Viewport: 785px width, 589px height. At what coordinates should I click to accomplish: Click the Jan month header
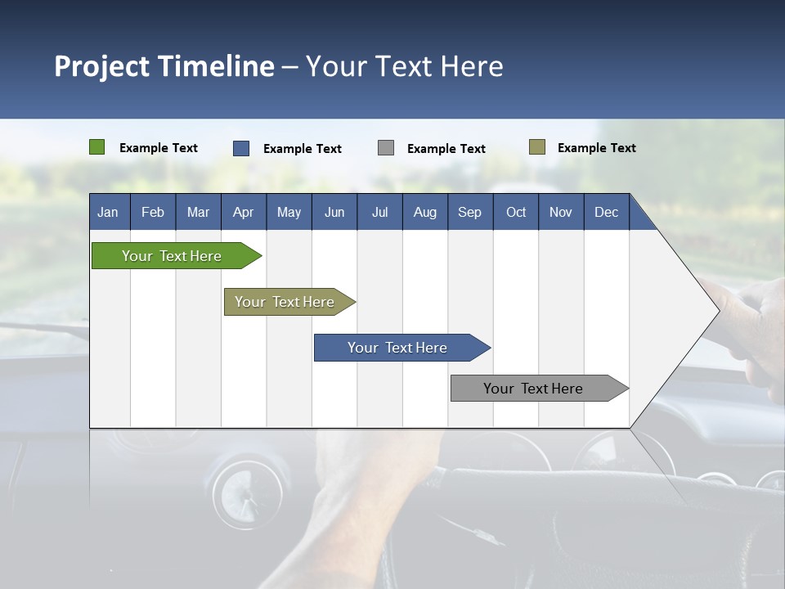(108, 212)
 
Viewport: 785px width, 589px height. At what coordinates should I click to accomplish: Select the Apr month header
(243, 212)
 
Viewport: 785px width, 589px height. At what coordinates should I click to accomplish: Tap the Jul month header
(379, 212)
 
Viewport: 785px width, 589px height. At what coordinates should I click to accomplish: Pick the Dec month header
(606, 212)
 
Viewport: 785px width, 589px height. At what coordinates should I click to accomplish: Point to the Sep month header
(469, 212)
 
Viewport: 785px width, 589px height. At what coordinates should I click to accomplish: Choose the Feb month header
(153, 212)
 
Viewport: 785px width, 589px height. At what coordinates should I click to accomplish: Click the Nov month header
(560, 212)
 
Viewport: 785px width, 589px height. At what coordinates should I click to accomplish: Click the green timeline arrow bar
(172, 256)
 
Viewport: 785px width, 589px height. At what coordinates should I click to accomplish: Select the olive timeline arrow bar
(285, 302)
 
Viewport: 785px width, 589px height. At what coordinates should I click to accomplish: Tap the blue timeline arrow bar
(397, 348)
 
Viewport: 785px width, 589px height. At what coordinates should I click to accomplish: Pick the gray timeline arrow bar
(533, 389)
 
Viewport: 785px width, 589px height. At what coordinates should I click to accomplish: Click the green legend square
(96, 147)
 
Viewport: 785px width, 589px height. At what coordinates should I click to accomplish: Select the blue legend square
(240, 148)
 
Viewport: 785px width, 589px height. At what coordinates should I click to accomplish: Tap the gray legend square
(385, 148)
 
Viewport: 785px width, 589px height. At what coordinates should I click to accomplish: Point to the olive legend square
(536, 147)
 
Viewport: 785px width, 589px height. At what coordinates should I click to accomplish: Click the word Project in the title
(102, 66)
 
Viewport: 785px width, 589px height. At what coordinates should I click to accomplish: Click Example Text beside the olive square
(596, 148)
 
